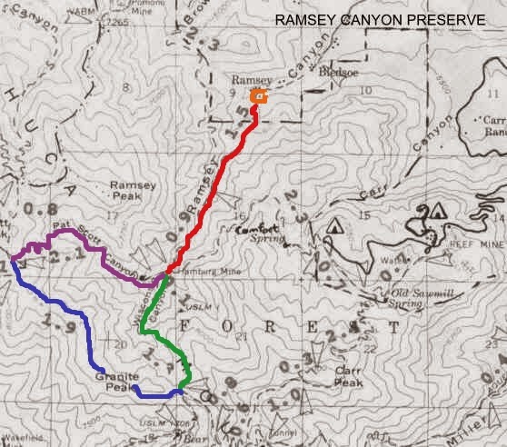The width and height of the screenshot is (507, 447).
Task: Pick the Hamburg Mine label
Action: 196,272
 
